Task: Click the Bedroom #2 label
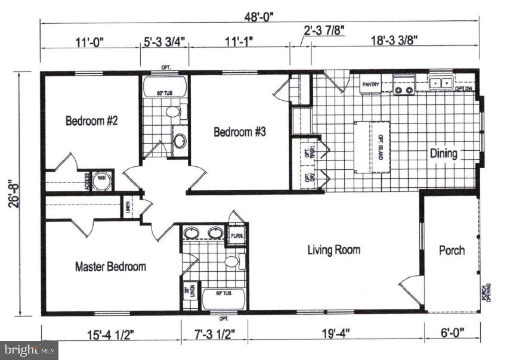tap(91, 121)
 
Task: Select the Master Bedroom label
tap(110, 266)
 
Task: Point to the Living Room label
tap(333, 249)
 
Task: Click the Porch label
tap(452, 250)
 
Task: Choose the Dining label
tap(443, 154)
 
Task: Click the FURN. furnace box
tap(236, 235)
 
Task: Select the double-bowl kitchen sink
tap(442, 84)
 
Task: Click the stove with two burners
tap(404, 86)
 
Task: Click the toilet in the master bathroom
tap(232, 262)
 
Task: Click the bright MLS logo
tap(29, 349)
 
